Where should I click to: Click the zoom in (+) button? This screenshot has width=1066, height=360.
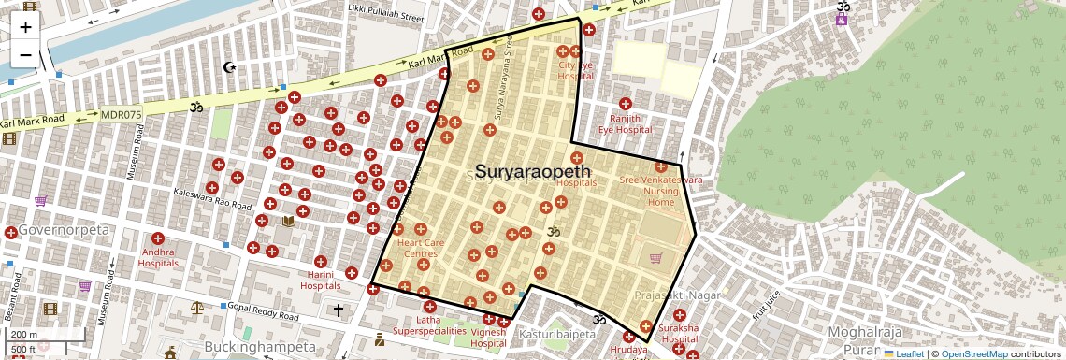pyautogui.click(x=25, y=26)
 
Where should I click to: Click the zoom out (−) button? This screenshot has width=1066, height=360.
pyautogui.click(x=25, y=54)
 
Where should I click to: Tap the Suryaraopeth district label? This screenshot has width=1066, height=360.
pyautogui.click(x=533, y=172)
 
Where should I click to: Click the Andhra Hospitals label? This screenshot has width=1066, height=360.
pyautogui.click(x=158, y=257)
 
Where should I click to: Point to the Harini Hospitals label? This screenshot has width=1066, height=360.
pyautogui.click(x=321, y=280)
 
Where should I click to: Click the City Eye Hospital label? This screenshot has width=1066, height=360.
pyautogui.click(x=575, y=70)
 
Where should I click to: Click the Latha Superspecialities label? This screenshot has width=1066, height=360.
pyautogui.click(x=429, y=324)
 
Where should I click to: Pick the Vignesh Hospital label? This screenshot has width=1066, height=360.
pyautogui.click(x=488, y=338)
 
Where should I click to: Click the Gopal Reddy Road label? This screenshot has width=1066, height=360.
pyautogui.click(x=265, y=311)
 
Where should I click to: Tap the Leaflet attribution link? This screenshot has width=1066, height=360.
pyautogui.click(x=903, y=354)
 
